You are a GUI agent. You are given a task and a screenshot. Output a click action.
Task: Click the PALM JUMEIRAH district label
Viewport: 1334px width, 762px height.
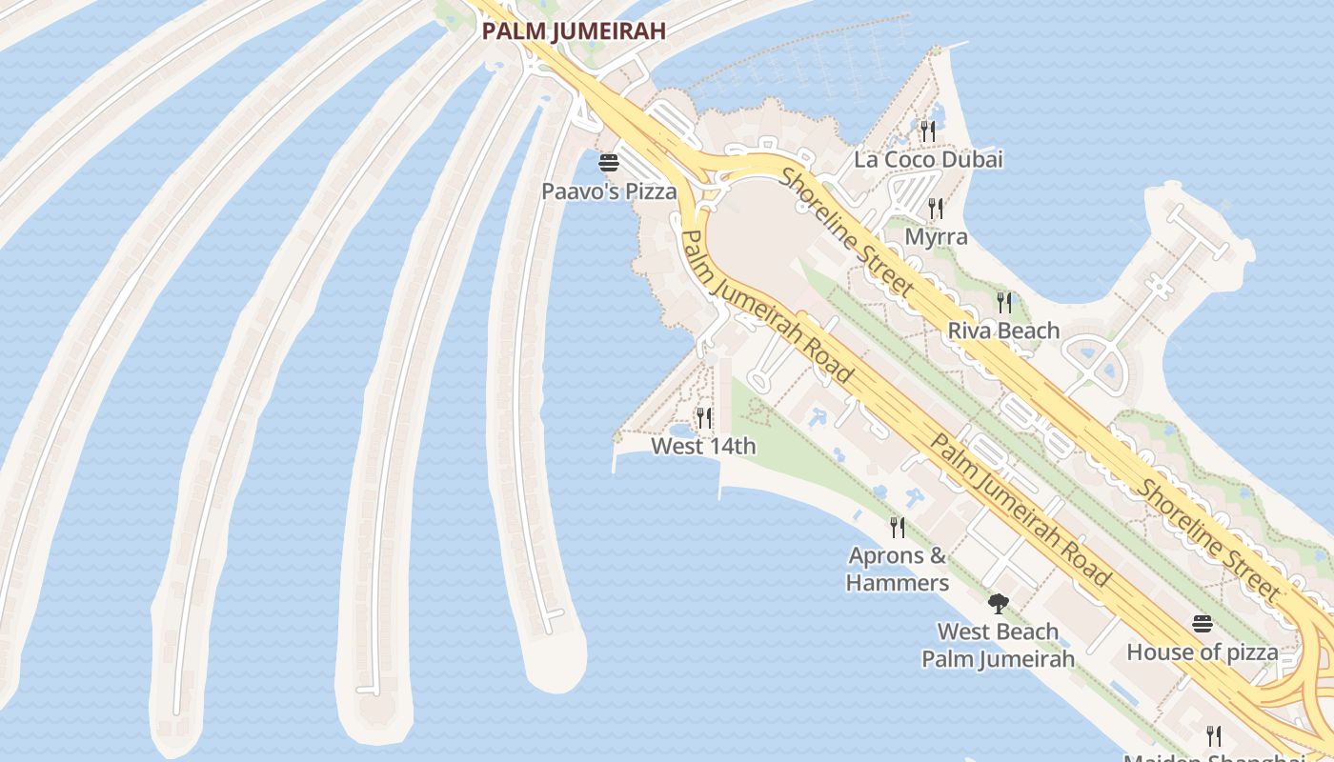[x=573, y=30]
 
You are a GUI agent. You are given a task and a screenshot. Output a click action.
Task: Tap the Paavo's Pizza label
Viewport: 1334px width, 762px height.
[x=609, y=191]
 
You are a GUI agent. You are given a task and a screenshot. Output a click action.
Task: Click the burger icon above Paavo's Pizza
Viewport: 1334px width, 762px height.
[x=609, y=163]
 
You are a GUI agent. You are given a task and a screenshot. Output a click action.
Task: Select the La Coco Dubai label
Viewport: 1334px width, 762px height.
[x=928, y=159]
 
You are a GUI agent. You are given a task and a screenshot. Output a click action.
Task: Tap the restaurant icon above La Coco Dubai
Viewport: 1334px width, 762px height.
[x=928, y=130]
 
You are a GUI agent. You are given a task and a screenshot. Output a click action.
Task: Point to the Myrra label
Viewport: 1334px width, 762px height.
[x=936, y=237]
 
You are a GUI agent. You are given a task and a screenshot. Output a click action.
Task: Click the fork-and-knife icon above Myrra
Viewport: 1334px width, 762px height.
[x=936, y=208]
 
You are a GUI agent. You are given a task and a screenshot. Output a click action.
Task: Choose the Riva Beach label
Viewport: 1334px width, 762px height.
[x=1003, y=331]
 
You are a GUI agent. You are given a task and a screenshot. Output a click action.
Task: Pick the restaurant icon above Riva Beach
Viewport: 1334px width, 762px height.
[x=1004, y=302]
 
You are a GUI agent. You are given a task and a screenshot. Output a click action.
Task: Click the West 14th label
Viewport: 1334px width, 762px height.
[x=703, y=446]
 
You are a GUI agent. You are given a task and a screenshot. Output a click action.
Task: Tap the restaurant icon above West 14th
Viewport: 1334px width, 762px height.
[x=703, y=417]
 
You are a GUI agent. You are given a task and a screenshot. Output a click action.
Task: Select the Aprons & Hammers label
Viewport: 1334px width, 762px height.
[x=898, y=569]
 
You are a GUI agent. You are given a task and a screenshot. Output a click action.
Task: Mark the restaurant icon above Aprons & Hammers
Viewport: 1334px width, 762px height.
[x=897, y=527]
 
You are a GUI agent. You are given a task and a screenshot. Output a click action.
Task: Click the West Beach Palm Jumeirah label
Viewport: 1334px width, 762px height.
[x=998, y=645]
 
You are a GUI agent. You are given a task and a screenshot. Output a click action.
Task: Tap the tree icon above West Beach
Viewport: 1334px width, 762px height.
[x=998, y=603]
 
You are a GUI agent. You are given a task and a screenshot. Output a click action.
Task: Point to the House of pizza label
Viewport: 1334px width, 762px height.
[x=1203, y=652]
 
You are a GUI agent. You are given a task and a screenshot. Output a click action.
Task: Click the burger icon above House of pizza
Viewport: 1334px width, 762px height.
[x=1203, y=624]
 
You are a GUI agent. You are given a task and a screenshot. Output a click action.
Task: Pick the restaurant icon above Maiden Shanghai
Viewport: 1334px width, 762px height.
[x=1213, y=735]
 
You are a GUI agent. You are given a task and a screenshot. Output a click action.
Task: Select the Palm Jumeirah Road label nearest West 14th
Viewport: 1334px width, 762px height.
[x=767, y=305]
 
